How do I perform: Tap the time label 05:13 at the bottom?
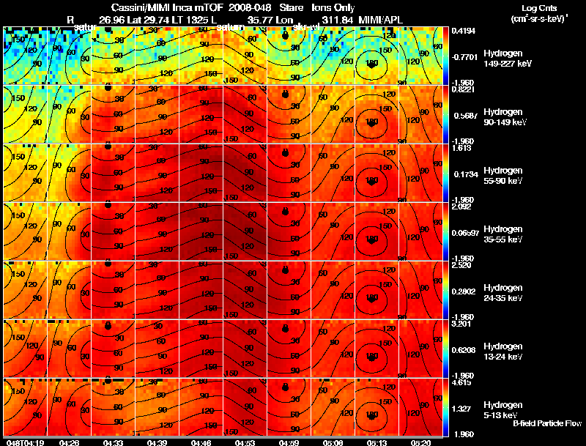pyautogui.click(x=378, y=442)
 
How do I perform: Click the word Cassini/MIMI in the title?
pyautogui.click(x=140, y=7)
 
